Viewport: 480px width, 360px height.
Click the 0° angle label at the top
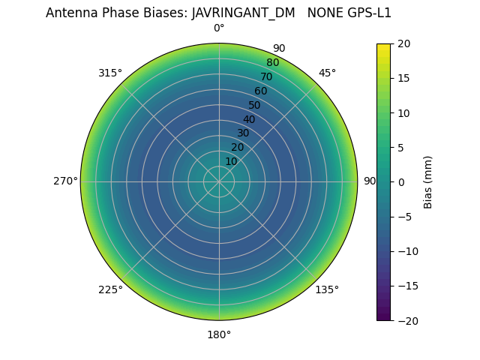click(x=219, y=28)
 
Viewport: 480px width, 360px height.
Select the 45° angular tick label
click(x=327, y=73)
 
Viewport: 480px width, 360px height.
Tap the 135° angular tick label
click(x=327, y=289)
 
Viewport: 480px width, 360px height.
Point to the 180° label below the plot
click(x=219, y=334)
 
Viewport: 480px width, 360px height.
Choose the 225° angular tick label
click(x=110, y=289)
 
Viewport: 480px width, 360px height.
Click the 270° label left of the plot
click(x=65, y=181)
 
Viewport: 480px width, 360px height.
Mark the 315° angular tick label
click(x=110, y=73)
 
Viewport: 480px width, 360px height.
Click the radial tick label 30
click(x=243, y=133)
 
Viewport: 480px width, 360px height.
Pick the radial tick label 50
click(x=255, y=106)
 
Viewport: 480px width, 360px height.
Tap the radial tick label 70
click(x=266, y=76)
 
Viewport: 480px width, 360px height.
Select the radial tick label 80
click(x=272, y=63)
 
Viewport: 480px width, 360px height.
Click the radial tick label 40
click(x=249, y=119)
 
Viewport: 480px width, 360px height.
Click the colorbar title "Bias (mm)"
click(x=428, y=182)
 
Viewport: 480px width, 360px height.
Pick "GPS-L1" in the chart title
click(x=367, y=13)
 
